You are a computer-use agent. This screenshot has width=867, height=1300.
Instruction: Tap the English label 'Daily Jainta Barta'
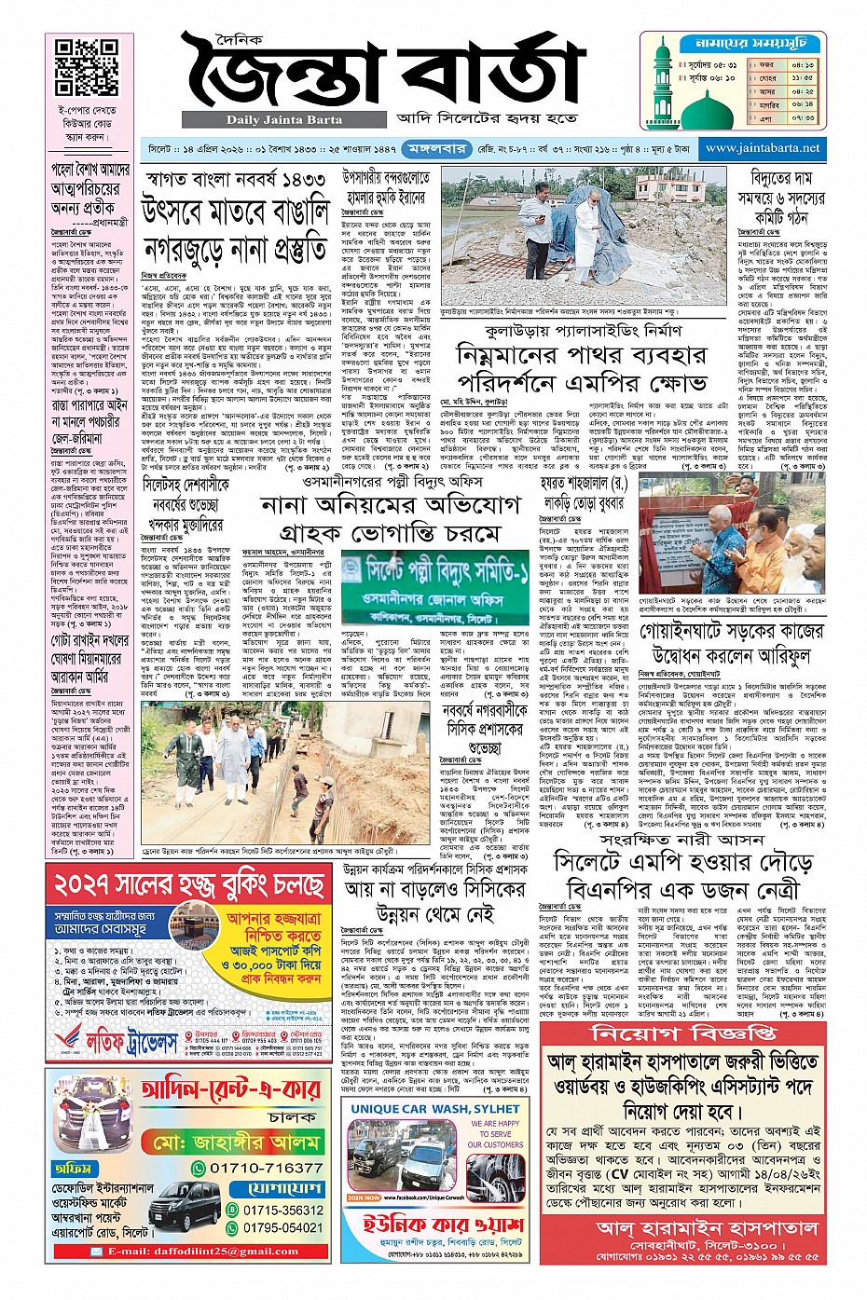point(283,119)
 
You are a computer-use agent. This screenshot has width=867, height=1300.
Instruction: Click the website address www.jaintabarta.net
point(764,148)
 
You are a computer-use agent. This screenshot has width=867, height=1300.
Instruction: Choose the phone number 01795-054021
point(270,1227)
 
